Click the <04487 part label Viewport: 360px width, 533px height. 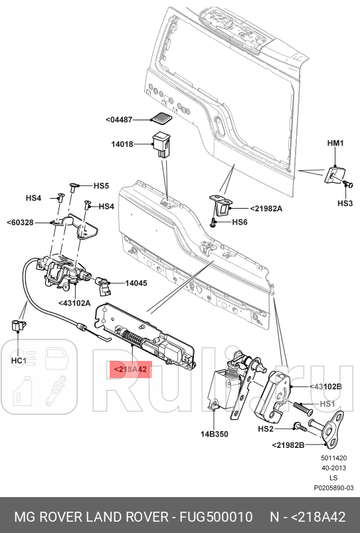point(120,120)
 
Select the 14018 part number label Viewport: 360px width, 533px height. point(123,144)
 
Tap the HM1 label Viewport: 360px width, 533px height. point(335,143)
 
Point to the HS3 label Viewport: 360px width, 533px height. point(345,203)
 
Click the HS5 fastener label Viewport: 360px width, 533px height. point(101,186)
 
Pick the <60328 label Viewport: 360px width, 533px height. point(20,222)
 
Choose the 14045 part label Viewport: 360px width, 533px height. point(137,282)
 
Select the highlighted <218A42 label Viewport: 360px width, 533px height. point(130,370)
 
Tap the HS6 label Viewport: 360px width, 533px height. point(240,222)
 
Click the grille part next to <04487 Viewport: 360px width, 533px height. point(160,119)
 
